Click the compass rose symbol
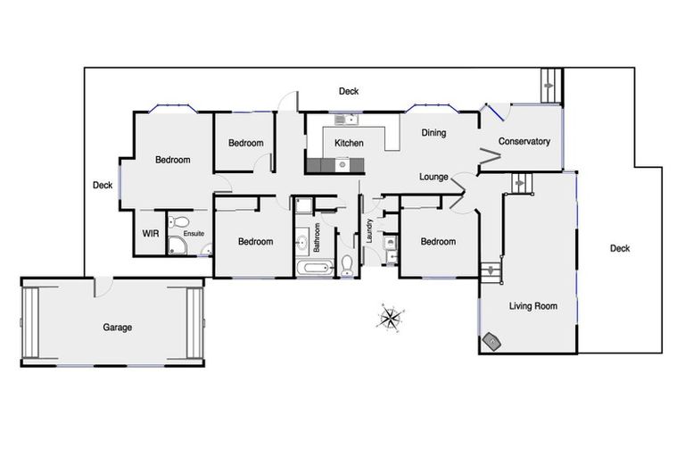tap(391, 317)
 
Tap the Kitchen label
tap(349, 143)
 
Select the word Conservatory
tap(524, 141)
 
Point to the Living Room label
tap(532, 306)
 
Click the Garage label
tap(117, 328)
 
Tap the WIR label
tap(149, 234)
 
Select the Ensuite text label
tap(194, 234)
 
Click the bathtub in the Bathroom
tap(313, 268)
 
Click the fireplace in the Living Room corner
tap(491, 339)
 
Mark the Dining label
tap(433, 133)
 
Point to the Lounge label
tap(433, 177)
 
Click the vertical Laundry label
tap(368, 232)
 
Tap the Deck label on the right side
tap(619, 248)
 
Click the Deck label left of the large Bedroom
tap(103, 186)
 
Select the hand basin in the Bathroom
tap(301, 240)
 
